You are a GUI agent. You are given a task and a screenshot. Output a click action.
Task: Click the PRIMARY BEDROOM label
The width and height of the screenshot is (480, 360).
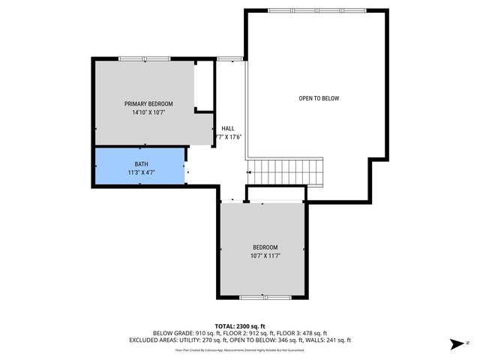click(148, 103)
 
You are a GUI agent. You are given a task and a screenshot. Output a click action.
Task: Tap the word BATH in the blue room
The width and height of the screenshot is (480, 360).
click(141, 163)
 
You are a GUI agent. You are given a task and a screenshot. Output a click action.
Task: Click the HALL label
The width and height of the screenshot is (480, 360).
click(227, 128)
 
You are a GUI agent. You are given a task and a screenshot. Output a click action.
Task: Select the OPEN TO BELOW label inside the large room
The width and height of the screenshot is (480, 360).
click(319, 98)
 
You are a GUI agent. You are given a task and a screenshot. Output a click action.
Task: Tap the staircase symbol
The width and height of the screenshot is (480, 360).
click(285, 172)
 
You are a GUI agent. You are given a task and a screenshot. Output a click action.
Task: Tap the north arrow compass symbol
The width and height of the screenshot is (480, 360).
click(456, 344)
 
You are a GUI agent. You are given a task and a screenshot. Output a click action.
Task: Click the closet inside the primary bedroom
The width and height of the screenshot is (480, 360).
click(203, 86)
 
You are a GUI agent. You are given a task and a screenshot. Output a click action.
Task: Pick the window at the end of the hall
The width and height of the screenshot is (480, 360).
click(229, 58)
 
